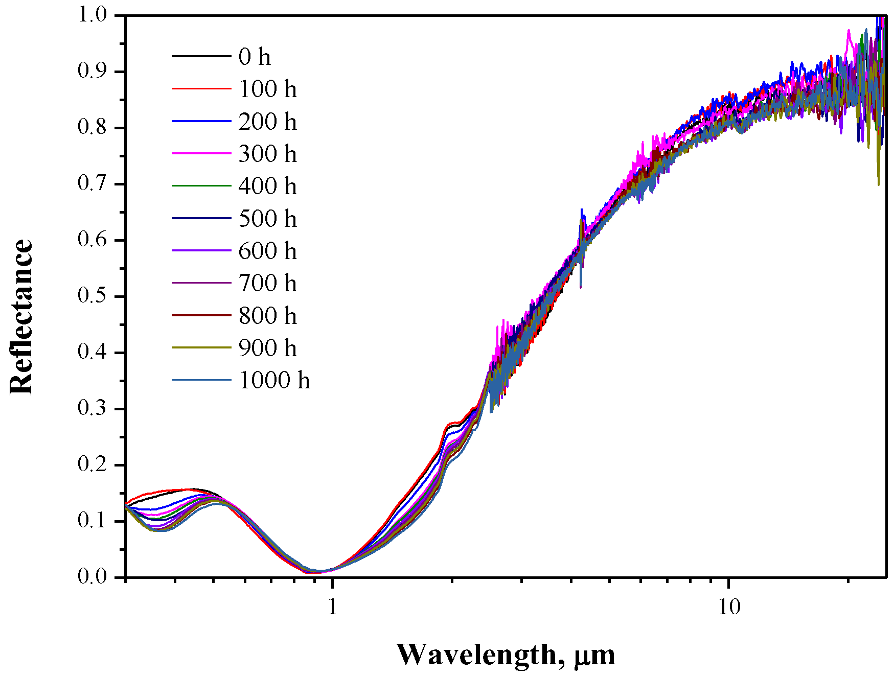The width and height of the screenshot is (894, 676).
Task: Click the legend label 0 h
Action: pos(255,57)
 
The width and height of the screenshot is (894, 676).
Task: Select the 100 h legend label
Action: pos(267,89)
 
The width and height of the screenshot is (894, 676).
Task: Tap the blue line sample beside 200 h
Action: pos(201,121)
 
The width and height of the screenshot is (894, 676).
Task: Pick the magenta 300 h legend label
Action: pos(267,154)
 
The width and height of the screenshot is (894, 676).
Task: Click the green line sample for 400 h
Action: pos(201,186)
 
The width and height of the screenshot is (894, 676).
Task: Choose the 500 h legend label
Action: pos(267,219)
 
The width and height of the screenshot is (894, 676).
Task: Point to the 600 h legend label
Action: pos(267,251)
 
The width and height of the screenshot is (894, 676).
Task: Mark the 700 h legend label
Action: pos(267,283)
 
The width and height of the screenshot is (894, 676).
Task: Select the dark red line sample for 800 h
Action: pos(201,316)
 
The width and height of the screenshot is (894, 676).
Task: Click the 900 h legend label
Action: pos(267,348)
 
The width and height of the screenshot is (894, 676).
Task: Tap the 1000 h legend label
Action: pos(274,380)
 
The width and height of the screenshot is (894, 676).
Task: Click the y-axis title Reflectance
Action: pos(21,317)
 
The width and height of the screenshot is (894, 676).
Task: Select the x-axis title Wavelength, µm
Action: pos(506,655)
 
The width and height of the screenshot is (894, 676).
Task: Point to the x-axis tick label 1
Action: pos(333,607)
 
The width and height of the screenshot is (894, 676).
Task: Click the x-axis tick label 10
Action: pos(729,607)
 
